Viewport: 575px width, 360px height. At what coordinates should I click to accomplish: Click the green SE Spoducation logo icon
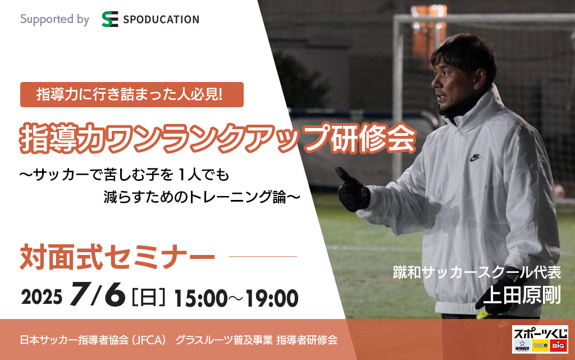pos(109,19)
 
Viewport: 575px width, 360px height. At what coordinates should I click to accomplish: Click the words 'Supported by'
pos(54,20)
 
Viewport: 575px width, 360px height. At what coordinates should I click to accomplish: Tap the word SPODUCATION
pos(161,20)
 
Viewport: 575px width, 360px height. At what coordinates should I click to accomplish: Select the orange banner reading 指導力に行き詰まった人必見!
pos(131,94)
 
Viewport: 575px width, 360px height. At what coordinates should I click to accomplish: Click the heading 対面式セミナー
pos(117,257)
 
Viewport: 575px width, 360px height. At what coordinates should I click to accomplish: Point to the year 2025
pos(42,297)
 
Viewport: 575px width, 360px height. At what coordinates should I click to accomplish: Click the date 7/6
pos(98,294)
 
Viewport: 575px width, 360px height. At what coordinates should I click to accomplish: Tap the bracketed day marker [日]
pos(148,297)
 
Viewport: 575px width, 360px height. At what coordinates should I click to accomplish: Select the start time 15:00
pos(200,298)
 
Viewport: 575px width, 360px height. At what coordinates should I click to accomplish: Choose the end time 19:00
pos(272,298)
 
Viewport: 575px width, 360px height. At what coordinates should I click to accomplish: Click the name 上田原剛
pos(522,295)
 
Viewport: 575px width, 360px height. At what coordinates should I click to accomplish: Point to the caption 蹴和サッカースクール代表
pos(477,272)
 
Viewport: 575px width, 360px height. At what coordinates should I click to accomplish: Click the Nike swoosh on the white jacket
pos(475,158)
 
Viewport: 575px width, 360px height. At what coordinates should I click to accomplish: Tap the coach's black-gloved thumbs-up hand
pos(353,189)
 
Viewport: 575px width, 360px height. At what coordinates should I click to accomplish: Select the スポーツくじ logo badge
pos(540,339)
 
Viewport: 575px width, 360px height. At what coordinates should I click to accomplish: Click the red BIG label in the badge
pos(559,346)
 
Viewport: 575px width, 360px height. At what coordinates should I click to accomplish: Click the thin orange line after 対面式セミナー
pos(263,257)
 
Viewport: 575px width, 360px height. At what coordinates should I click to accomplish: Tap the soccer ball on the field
pos(560,191)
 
